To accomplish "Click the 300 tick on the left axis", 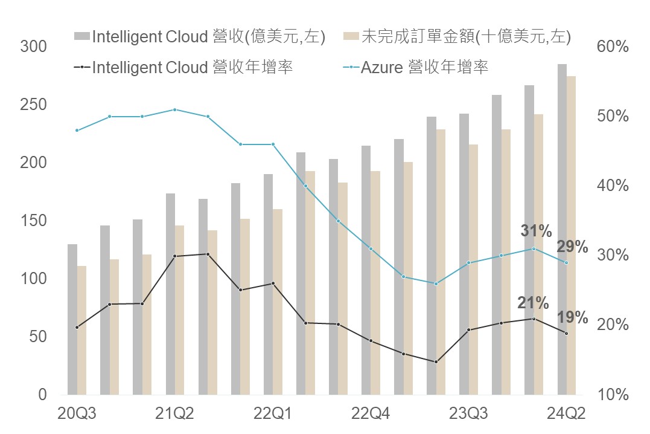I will pyautogui.click(x=33, y=47).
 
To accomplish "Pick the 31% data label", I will pyautogui.click(x=537, y=231).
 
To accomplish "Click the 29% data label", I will pyautogui.click(x=572, y=247).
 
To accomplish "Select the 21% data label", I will pyautogui.click(x=534, y=303).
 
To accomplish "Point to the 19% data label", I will pyautogui.click(x=572, y=317).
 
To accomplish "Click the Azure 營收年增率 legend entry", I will pyautogui.click(x=424, y=66).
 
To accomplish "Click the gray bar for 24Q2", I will pyautogui.click(x=562, y=230).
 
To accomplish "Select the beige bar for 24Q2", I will pyautogui.click(x=572, y=236).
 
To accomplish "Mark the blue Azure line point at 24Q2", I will pyautogui.click(x=567, y=262).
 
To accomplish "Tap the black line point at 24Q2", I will pyautogui.click(x=567, y=333).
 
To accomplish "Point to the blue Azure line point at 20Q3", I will pyautogui.click(x=77, y=131).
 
